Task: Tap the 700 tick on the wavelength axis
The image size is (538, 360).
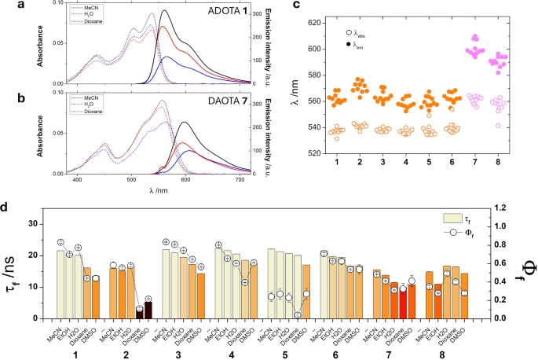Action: coord(239,181)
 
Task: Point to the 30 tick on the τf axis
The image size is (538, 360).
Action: coord(40,224)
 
